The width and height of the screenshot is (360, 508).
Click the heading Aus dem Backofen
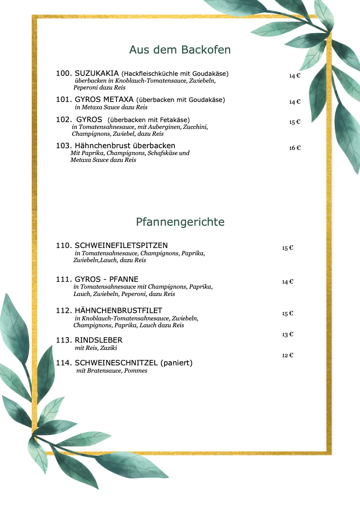click(x=180, y=50)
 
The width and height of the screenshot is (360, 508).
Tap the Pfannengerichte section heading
click(x=180, y=222)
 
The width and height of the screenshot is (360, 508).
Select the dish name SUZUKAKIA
click(x=97, y=74)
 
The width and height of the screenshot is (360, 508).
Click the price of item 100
click(x=295, y=76)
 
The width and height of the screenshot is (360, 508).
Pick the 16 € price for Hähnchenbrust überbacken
click(x=295, y=148)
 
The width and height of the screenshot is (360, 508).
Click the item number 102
click(x=64, y=120)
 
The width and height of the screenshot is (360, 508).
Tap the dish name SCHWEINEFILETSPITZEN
click(x=121, y=245)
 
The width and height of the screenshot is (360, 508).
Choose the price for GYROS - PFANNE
click(x=288, y=282)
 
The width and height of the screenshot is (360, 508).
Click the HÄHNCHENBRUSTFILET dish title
click(x=119, y=311)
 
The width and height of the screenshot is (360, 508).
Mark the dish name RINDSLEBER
click(x=99, y=340)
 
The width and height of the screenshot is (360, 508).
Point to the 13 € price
click(x=288, y=335)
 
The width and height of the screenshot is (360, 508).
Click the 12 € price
click(x=288, y=356)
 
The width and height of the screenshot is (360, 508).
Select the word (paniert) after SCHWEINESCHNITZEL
click(x=177, y=363)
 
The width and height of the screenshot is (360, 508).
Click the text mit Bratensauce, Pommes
click(x=112, y=371)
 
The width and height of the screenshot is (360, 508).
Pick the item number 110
click(x=64, y=245)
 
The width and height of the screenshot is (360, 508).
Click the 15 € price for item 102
click(x=295, y=122)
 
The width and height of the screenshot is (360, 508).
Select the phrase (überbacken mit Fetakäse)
click(x=148, y=120)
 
